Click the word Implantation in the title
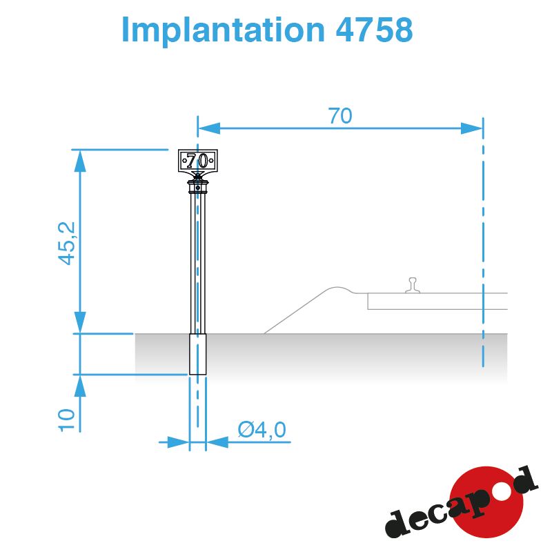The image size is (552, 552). (x=223, y=30)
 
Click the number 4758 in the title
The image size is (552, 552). (x=374, y=30)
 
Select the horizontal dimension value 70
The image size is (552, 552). (x=339, y=116)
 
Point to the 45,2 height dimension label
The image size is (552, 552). (x=66, y=244)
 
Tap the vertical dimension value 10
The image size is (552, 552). (x=66, y=420)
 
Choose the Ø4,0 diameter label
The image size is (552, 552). (x=262, y=430)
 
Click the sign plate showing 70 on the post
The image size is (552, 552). (x=198, y=161)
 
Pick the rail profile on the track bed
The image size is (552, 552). (x=413, y=285)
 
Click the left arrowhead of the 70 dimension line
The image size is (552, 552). (x=209, y=128)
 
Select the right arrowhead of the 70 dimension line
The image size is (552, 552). (x=472, y=128)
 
